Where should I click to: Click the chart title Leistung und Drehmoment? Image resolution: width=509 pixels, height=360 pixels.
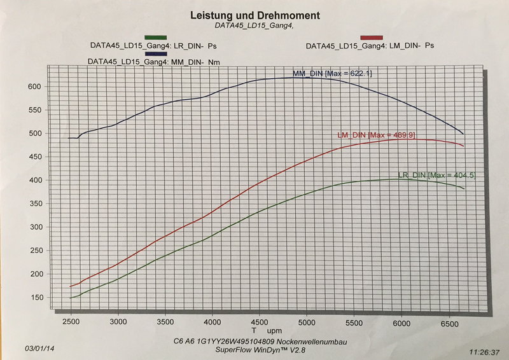(x=255, y=15)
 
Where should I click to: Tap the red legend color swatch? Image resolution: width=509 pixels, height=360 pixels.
(x=372, y=38)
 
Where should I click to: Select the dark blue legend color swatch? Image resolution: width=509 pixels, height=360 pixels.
(x=155, y=54)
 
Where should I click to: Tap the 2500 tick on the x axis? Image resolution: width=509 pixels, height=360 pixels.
(x=71, y=322)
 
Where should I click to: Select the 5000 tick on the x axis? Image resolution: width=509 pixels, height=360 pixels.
(x=307, y=322)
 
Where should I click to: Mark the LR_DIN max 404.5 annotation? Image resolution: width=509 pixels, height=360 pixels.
(x=436, y=175)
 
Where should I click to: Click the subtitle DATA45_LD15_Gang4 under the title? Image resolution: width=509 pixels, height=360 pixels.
(x=255, y=26)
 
